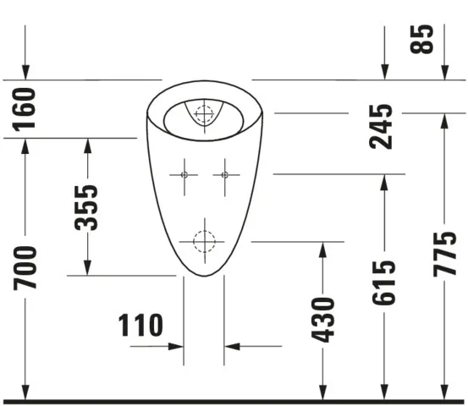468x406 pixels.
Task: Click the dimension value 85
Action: click(x=425, y=38)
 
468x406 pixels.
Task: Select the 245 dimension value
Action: click(x=383, y=126)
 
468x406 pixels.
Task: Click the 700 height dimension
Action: click(x=25, y=267)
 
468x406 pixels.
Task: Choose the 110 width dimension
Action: click(x=140, y=325)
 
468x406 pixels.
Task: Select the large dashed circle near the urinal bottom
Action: click(x=204, y=241)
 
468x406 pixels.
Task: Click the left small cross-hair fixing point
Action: click(x=184, y=174)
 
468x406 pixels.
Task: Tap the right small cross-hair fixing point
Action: click(x=224, y=174)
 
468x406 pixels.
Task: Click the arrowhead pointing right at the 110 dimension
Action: click(x=179, y=346)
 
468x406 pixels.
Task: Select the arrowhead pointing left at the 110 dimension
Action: click(x=230, y=346)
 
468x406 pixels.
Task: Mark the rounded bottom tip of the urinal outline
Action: click(x=204, y=276)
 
